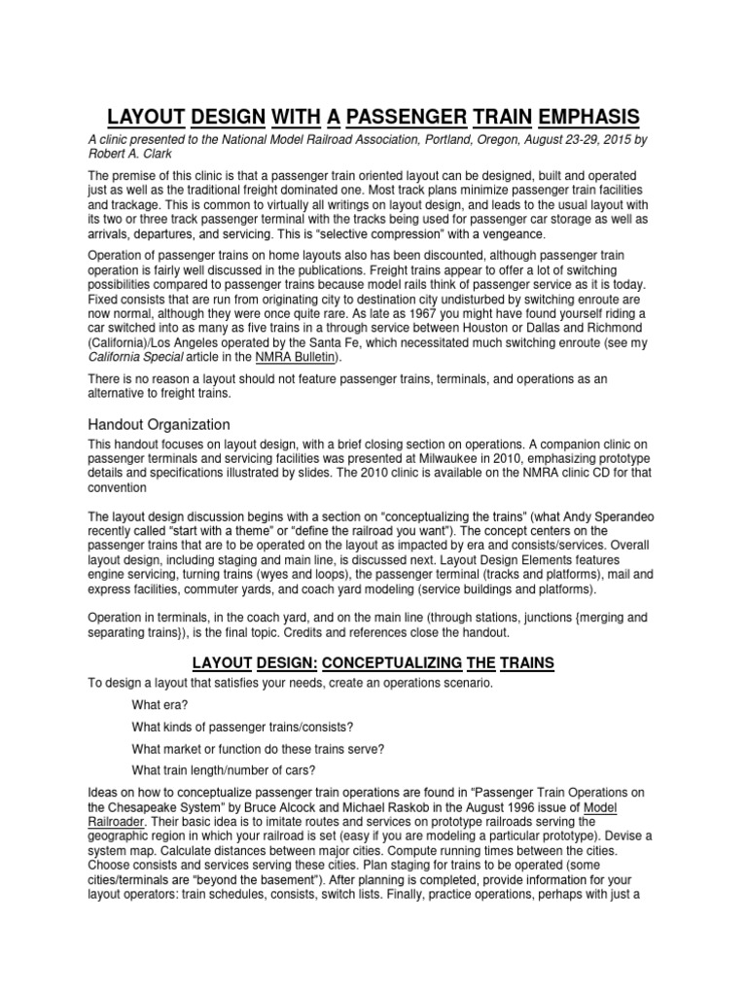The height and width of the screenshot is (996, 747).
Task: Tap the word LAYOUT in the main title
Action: (145, 118)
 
